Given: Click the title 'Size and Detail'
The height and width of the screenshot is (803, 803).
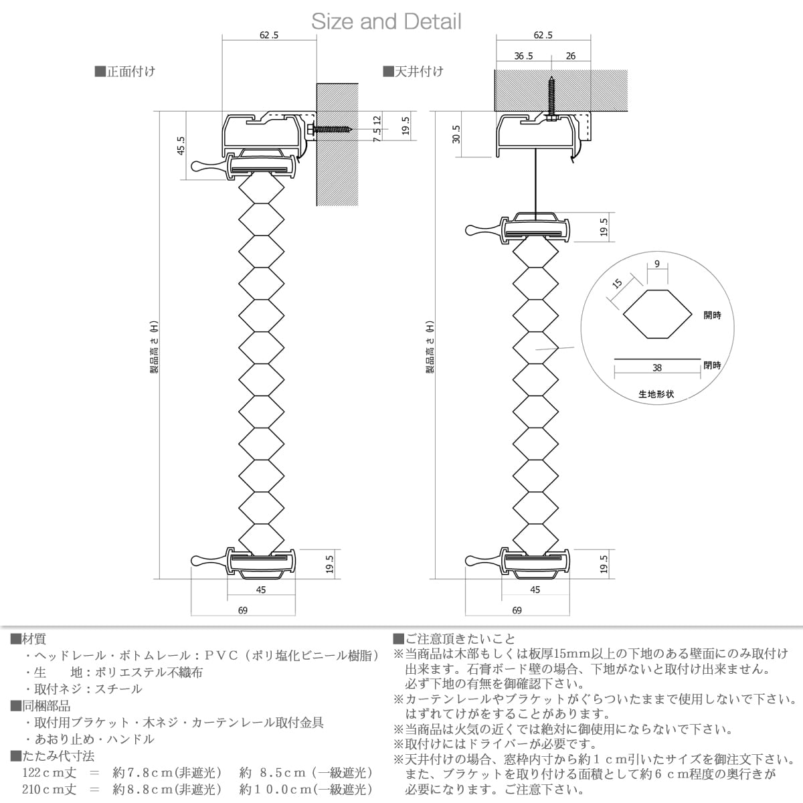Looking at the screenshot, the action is pyautogui.click(x=386, y=21).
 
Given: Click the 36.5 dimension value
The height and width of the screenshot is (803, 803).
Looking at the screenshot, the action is pyautogui.click(x=523, y=56).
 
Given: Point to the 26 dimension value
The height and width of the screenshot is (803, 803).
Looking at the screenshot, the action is pyautogui.click(x=571, y=56).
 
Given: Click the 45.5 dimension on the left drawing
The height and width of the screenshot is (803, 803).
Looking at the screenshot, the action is pyautogui.click(x=181, y=145).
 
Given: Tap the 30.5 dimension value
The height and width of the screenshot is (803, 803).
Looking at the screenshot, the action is pyautogui.click(x=456, y=135).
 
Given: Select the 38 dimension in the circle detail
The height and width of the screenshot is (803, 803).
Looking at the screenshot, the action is pyautogui.click(x=656, y=368).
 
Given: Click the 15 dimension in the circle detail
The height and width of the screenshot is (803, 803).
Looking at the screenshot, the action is pyautogui.click(x=617, y=283).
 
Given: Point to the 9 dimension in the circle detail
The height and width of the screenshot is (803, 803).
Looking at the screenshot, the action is pyautogui.click(x=657, y=264).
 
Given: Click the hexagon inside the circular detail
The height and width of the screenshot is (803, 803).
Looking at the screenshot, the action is pyautogui.click(x=658, y=315).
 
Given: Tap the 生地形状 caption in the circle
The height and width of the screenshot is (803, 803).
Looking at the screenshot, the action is pyautogui.click(x=656, y=393).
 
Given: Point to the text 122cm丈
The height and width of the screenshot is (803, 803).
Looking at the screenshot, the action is pyautogui.click(x=50, y=773).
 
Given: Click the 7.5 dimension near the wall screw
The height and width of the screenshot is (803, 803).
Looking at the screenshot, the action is pyautogui.click(x=377, y=135).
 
